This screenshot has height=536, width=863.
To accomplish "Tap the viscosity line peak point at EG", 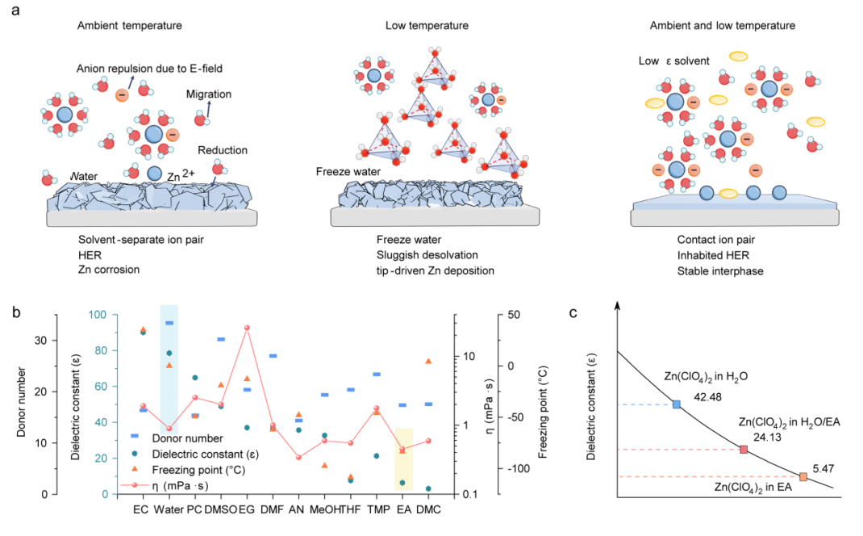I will (x=246, y=328).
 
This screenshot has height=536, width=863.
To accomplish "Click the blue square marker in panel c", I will (x=677, y=404).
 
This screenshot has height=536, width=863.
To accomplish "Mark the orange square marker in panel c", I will (x=803, y=477).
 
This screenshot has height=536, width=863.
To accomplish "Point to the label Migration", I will (x=208, y=94).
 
